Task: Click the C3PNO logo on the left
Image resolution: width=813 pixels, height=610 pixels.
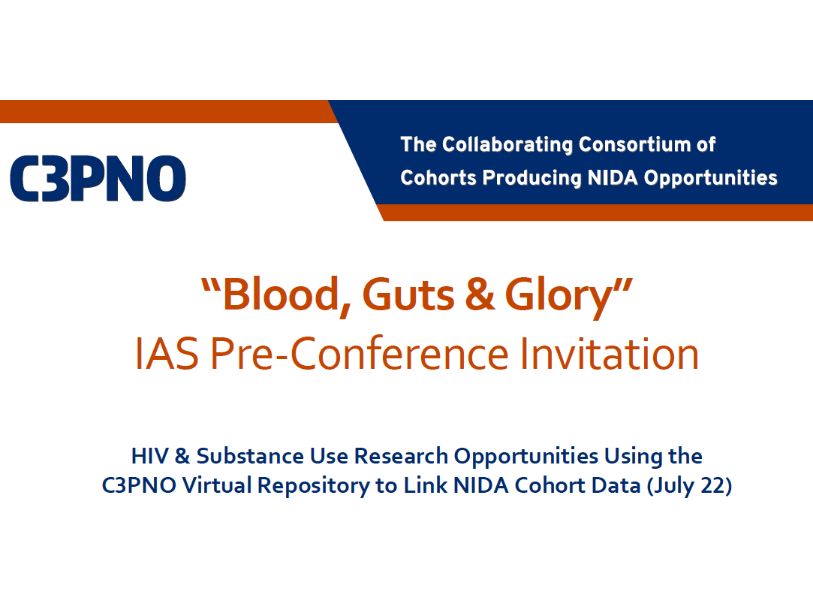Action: [98, 179]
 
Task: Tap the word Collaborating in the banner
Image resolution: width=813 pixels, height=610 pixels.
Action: [507, 145]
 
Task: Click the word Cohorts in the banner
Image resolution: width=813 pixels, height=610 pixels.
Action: [438, 177]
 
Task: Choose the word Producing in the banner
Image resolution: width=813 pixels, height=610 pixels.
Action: [532, 178]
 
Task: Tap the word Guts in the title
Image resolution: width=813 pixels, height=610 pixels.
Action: [408, 294]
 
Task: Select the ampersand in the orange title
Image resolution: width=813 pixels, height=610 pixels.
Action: [480, 294]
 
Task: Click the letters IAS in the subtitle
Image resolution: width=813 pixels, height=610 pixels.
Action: [167, 354]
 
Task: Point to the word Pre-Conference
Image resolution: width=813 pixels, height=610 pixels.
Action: [360, 354]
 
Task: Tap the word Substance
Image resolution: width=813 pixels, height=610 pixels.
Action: [250, 456]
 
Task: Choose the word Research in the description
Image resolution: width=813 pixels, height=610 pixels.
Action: [401, 456]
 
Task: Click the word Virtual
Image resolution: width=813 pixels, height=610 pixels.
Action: [217, 485]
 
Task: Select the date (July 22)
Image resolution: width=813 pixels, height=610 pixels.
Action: [689, 486]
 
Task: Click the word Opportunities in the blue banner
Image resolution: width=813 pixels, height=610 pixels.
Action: [710, 178]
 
